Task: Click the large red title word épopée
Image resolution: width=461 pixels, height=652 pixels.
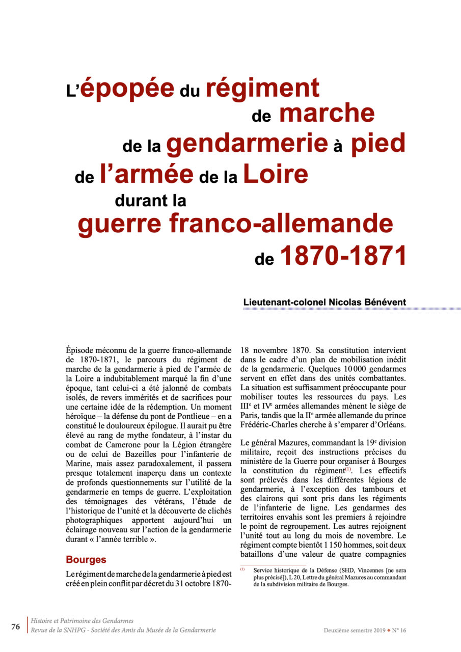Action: coord(127,89)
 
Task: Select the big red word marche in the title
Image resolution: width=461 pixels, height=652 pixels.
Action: coord(327,113)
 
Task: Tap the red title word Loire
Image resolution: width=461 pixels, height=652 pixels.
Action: coord(276,175)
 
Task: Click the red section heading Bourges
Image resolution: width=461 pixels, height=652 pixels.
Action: coord(86,559)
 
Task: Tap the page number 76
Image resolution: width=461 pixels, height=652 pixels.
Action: coord(16,627)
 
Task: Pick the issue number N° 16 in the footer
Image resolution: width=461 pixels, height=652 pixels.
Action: coord(399,630)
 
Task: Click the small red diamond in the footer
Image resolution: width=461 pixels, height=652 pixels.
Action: coord(389,630)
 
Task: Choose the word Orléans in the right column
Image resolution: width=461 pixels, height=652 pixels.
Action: coord(389,425)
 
